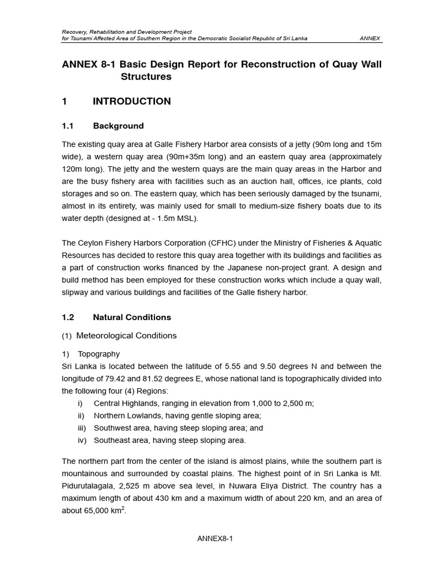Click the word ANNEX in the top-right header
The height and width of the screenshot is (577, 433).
(370, 38)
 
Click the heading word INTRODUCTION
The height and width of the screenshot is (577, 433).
(131, 101)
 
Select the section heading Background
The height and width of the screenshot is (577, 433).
(118, 126)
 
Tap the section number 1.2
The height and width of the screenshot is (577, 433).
(68, 317)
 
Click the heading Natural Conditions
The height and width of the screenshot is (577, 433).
(132, 317)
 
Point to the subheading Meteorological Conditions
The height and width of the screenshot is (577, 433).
(126, 335)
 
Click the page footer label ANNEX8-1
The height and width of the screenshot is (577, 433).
(215, 538)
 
